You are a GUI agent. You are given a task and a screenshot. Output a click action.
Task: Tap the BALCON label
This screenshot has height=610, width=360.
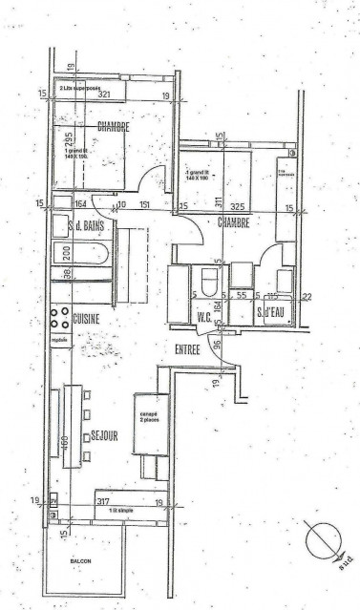click(x=80, y=560)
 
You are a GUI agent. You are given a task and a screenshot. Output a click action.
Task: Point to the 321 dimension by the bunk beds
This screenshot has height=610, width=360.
click(x=105, y=95)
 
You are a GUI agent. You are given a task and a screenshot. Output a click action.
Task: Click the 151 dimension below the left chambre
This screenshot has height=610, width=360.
click(x=145, y=204)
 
